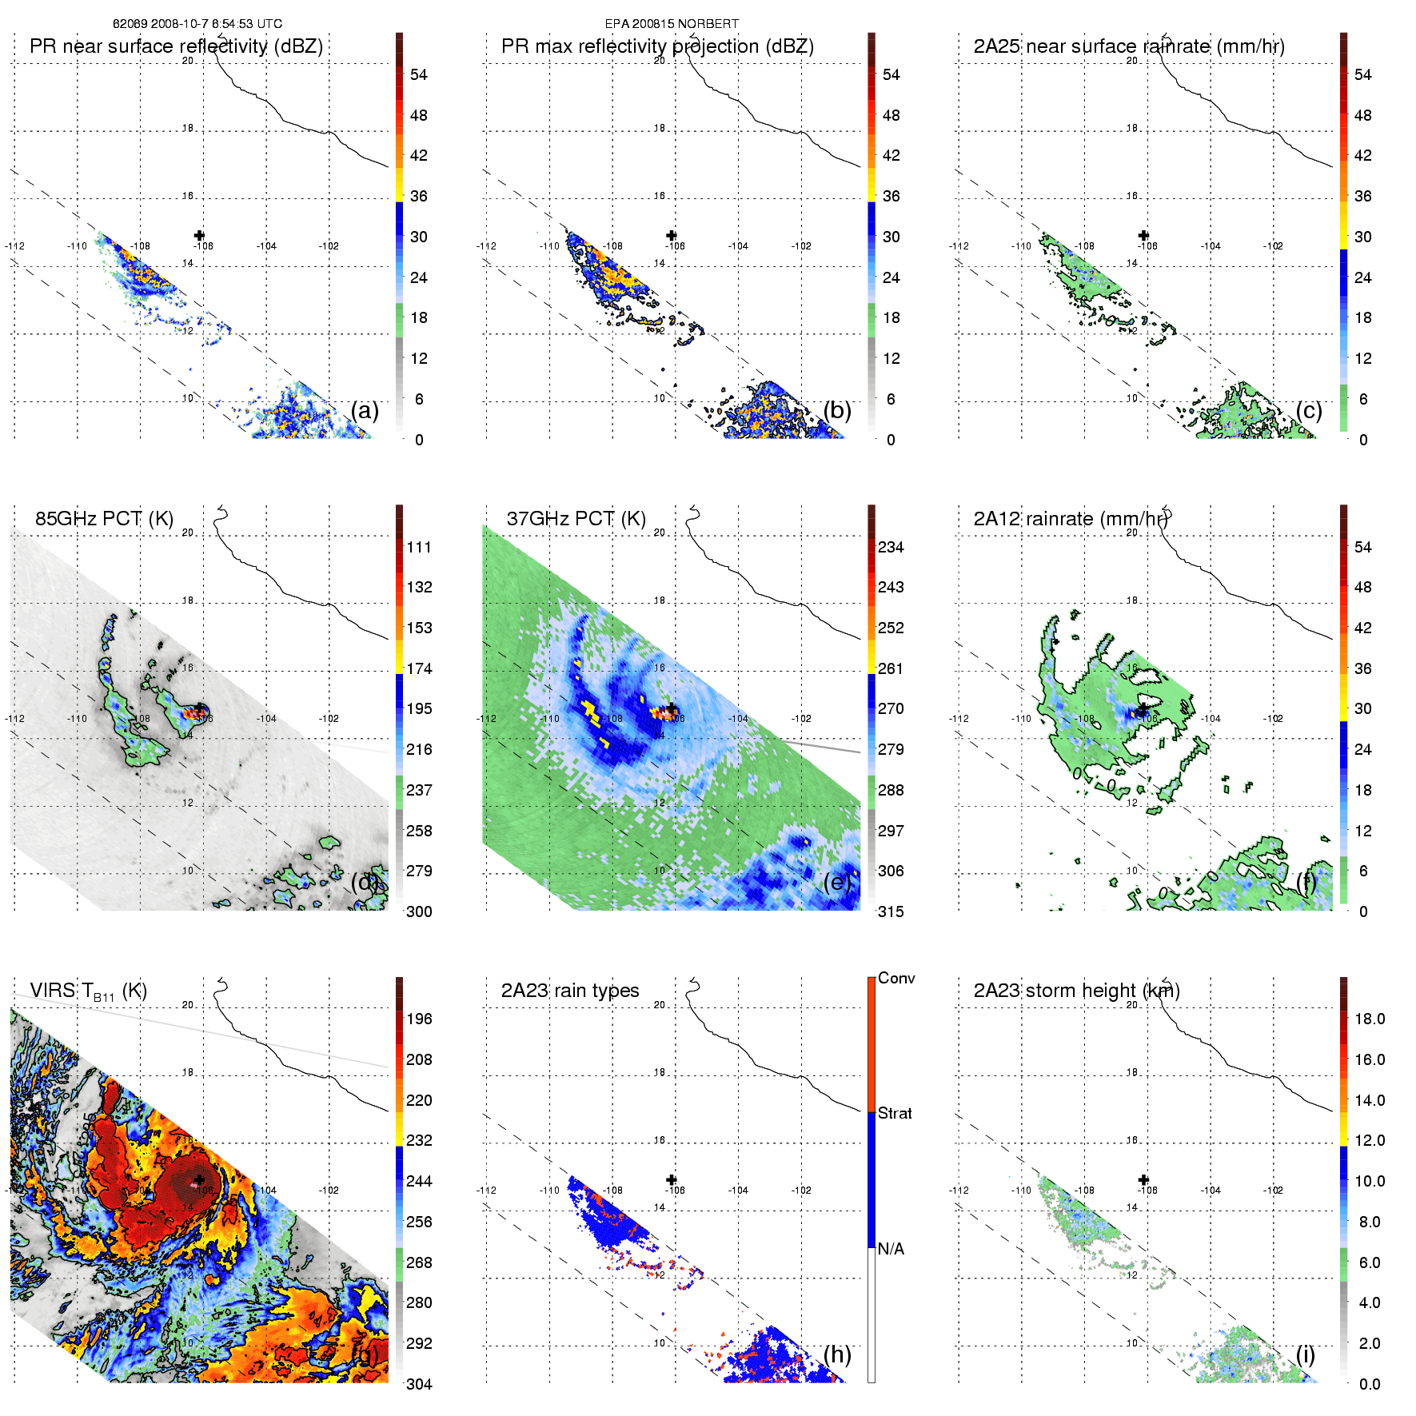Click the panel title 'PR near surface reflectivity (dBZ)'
point(176,46)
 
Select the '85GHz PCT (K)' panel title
point(104,519)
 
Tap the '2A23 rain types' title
point(569,991)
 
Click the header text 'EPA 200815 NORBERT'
point(672,24)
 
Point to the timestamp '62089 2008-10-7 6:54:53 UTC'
point(197,24)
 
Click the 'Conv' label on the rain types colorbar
point(895,978)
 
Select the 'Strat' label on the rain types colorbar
point(895,1113)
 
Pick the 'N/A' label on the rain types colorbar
point(891,1249)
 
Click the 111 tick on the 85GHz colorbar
point(419,547)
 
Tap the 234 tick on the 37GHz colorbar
point(891,547)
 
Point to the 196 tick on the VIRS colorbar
point(419,1019)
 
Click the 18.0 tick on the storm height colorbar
point(1369,1019)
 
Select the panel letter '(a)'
point(365,410)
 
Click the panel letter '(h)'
point(837,1354)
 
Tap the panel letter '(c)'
point(1309,410)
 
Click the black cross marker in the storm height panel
point(1143,1179)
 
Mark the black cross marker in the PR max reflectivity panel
point(672,235)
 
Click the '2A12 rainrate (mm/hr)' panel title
point(1071,519)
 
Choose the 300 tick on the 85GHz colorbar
point(419,911)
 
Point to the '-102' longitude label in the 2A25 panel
point(1273,246)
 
